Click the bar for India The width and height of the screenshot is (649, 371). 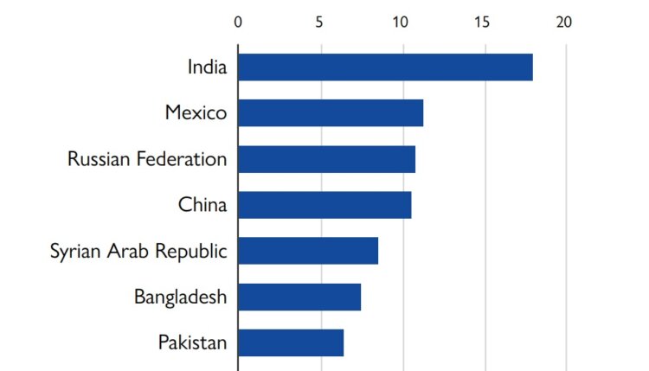click(385, 67)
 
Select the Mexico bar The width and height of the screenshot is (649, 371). click(331, 113)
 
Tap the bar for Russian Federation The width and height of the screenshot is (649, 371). click(326, 159)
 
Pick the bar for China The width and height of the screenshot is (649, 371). click(324, 205)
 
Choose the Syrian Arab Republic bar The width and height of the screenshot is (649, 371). click(308, 251)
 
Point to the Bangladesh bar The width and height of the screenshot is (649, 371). click(299, 297)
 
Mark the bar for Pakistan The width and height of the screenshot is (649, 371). click(291, 342)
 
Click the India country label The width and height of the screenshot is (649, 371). click(207, 67)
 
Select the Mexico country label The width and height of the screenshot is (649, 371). click(196, 112)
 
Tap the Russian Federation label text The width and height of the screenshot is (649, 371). click(147, 159)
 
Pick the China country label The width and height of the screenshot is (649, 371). click(202, 205)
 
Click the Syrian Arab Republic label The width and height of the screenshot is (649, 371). click(138, 252)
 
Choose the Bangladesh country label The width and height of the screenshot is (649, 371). click(180, 297)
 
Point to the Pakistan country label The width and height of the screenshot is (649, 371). click(192, 342)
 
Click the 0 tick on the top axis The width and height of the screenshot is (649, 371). click(238, 22)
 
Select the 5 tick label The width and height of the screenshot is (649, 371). click(319, 22)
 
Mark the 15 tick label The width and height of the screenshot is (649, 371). click(483, 22)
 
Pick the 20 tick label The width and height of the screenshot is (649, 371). click(565, 22)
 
